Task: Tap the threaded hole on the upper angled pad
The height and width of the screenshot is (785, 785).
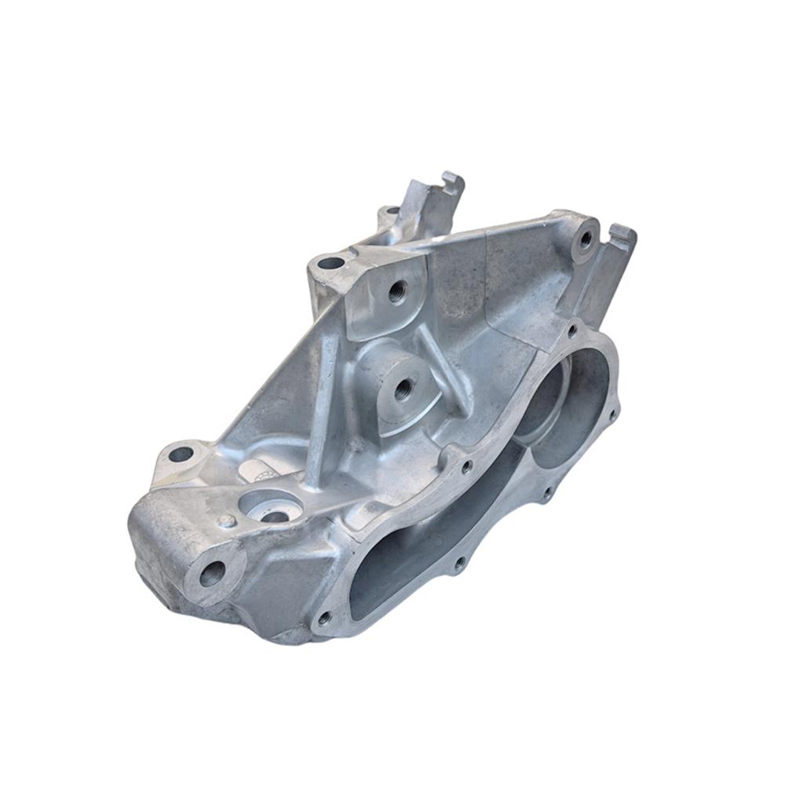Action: tap(396, 291)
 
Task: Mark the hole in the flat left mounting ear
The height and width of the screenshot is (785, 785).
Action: tap(181, 453)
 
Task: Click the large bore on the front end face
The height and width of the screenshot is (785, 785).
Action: tap(212, 574)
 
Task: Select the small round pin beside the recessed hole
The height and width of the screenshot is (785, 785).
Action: tap(227, 520)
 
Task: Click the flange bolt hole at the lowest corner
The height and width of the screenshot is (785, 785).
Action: tap(323, 619)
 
